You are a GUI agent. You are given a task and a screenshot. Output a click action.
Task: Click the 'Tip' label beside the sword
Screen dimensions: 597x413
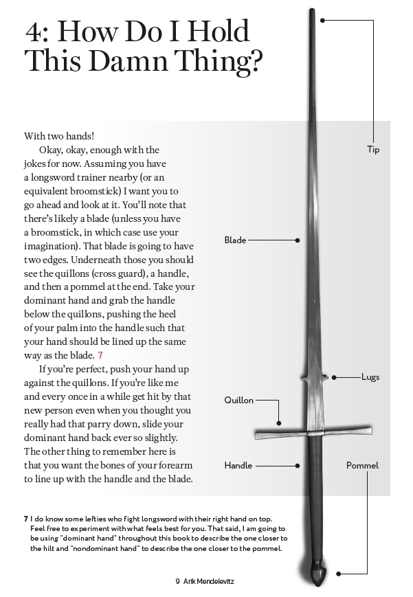(x=372, y=150)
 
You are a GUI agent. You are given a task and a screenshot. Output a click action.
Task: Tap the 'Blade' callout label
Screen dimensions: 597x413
(x=235, y=240)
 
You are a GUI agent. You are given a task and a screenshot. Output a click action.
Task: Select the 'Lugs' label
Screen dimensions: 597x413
(x=370, y=377)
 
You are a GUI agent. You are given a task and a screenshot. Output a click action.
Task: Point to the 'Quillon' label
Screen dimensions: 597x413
(x=238, y=401)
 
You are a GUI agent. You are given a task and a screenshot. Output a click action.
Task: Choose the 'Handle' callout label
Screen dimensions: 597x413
(x=238, y=466)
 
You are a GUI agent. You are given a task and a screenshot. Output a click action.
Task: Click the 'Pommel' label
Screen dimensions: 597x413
(x=362, y=466)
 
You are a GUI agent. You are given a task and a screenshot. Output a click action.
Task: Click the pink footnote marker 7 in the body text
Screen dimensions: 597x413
(x=100, y=355)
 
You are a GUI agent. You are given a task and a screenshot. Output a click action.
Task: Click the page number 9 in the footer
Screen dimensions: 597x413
(x=177, y=581)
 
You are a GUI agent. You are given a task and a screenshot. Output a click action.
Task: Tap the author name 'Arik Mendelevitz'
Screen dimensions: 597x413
(x=209, y=581)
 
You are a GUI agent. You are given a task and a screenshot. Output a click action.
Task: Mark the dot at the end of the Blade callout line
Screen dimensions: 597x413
(x=297, y=240)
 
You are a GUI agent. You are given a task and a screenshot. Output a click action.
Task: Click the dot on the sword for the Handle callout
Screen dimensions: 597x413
(x=297, y=466)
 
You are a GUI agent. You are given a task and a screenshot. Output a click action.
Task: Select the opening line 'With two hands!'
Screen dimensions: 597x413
(x=59, y=136)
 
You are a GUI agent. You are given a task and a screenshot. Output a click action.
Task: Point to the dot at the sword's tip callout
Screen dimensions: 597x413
(x=322, y=21)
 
